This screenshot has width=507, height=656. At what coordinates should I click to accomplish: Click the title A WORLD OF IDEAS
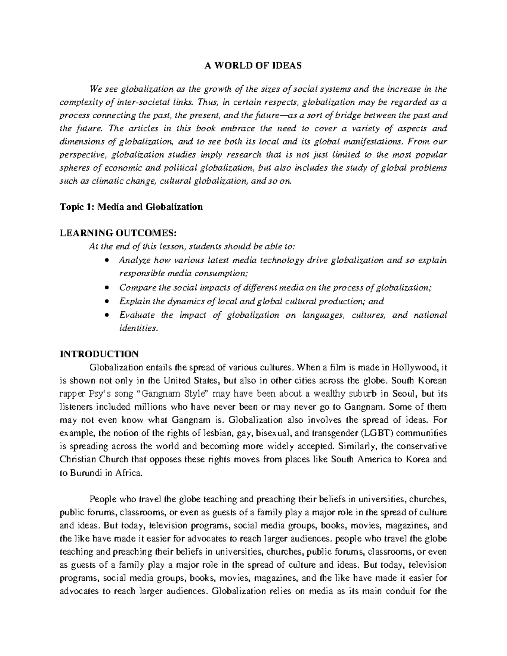pos(253,65)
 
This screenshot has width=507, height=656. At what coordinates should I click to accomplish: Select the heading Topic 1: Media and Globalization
pos(131,207)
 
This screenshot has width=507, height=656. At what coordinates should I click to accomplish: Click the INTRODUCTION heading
pos(99,354)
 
